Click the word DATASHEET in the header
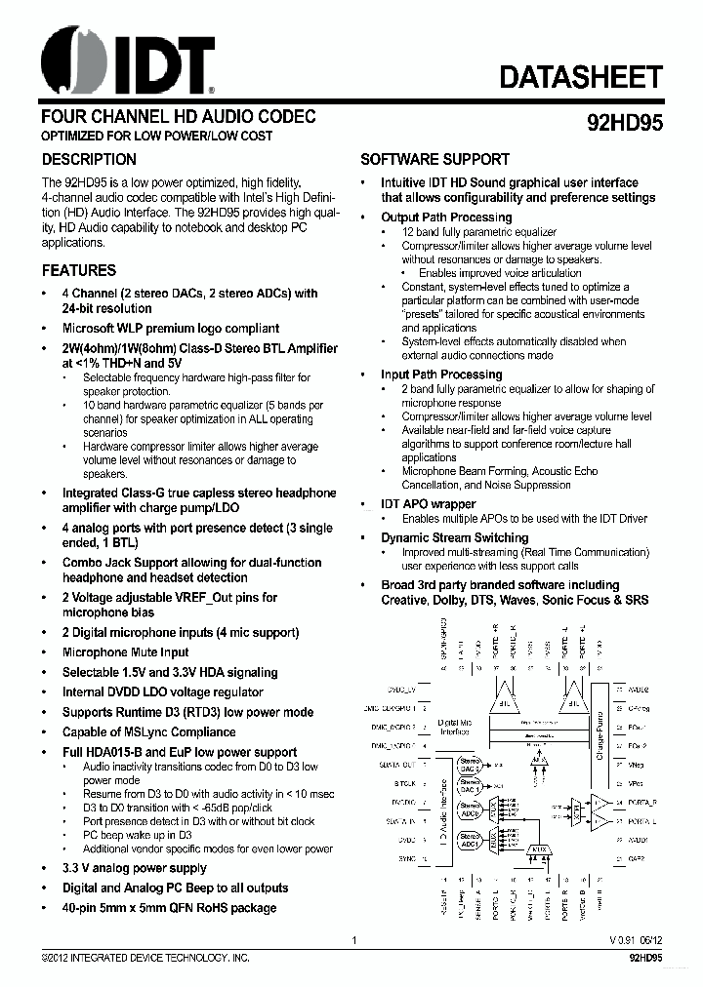[x=582, y=77]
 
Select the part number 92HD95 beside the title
[x=624, y=124]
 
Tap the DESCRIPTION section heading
[x=89, y=159]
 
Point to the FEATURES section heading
[x=78, y=270]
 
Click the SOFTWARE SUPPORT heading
[x=434, y=159]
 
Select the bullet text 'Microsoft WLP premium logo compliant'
[x=170, y=329]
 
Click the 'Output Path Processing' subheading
[x=445, y=217]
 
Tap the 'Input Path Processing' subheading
[x=440, y=375]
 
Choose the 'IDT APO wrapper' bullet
[x=428, y=504]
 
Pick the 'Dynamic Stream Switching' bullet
[x=454, y=537]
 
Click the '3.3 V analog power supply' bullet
[x=134, y=868]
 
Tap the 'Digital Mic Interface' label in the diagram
[x=454, y=727]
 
